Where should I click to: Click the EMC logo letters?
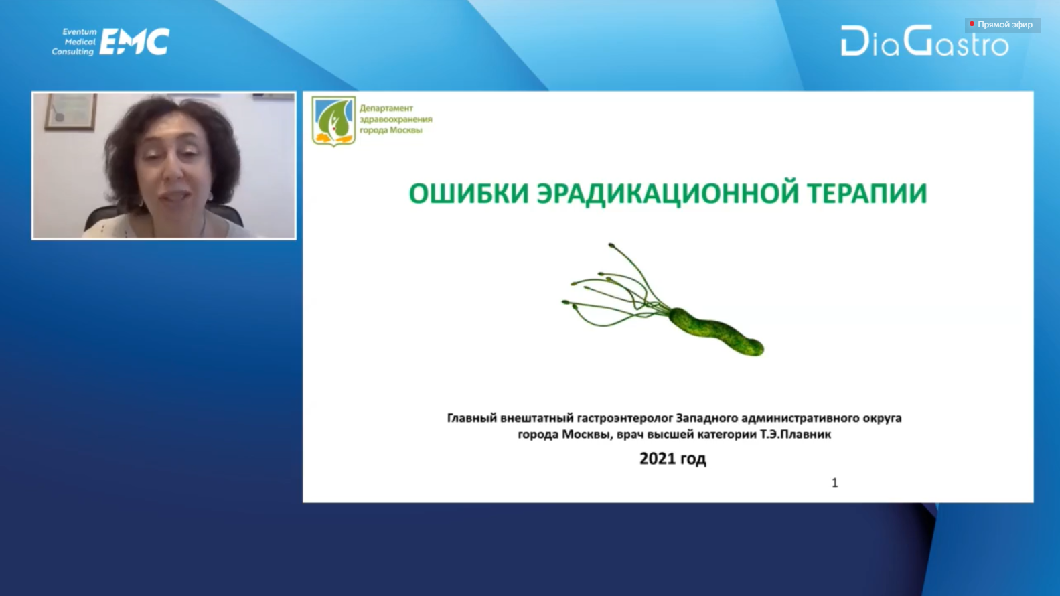click(135, 42)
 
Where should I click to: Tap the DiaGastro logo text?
click(925, 42)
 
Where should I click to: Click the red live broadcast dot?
click(972, 24)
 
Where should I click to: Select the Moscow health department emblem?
click(333, 121)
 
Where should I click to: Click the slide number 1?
click(835, 482)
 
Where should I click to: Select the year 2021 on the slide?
click(656, 458)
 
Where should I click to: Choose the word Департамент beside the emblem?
click(386, 108)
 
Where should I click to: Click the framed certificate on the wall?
click(71, 112)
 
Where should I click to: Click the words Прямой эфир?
click(1005, 25)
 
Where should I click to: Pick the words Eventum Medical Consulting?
click(74, 42)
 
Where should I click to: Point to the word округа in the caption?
click(884, 419)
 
